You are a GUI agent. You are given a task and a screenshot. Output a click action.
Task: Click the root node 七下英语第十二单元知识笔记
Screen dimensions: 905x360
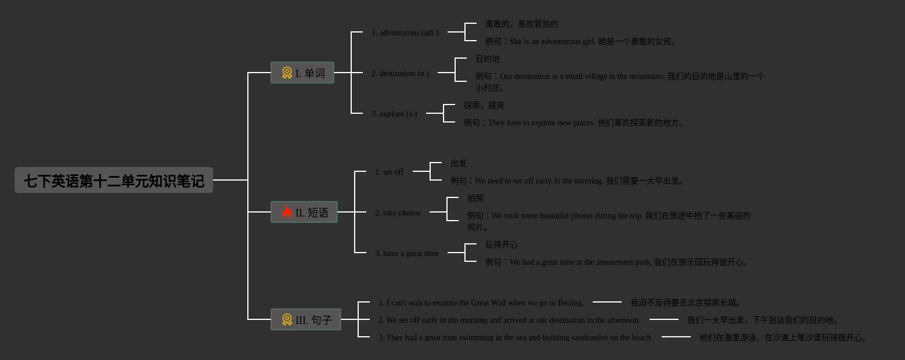pos(114,181)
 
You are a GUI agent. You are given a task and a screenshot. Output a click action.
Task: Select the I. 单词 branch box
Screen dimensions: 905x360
pos(302,73)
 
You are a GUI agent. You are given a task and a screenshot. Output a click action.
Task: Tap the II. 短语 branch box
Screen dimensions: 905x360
pos(304,213)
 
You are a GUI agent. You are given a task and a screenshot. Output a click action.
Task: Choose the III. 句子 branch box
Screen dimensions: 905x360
pos(306,320)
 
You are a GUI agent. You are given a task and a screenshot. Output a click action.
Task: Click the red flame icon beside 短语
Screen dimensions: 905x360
pos(287,213)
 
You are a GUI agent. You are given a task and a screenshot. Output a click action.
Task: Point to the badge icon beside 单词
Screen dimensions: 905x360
pos(287,73)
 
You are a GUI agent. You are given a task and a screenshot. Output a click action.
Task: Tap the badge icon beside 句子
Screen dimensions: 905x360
pos(287,320)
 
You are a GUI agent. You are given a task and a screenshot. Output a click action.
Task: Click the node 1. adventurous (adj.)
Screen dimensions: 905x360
pos(405,33)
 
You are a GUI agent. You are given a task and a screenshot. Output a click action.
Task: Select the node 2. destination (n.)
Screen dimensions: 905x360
pos(400,74)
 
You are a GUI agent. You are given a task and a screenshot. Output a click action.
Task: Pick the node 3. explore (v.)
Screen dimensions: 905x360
pos(394,114)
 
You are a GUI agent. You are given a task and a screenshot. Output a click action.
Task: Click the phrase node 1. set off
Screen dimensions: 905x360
pos(389,172)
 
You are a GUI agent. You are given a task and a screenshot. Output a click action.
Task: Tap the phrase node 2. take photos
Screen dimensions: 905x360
pos(398,213)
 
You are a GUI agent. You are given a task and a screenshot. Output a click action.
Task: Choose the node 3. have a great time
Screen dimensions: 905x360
pos(407,254)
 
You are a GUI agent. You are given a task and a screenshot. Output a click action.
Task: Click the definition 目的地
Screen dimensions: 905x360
pos(488,59)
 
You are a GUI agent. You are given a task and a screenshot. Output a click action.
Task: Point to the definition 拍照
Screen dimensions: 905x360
pos(475,199)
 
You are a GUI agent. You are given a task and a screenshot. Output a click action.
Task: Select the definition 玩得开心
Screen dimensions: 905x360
pos(502,245)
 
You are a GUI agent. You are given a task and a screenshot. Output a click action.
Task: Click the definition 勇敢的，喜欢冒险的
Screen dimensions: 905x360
pos(522,24)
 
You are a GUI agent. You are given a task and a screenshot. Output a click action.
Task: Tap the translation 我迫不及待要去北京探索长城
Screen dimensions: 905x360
pos(685,303)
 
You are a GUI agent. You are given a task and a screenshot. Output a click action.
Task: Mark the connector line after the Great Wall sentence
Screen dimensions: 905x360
pos(607,302)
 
